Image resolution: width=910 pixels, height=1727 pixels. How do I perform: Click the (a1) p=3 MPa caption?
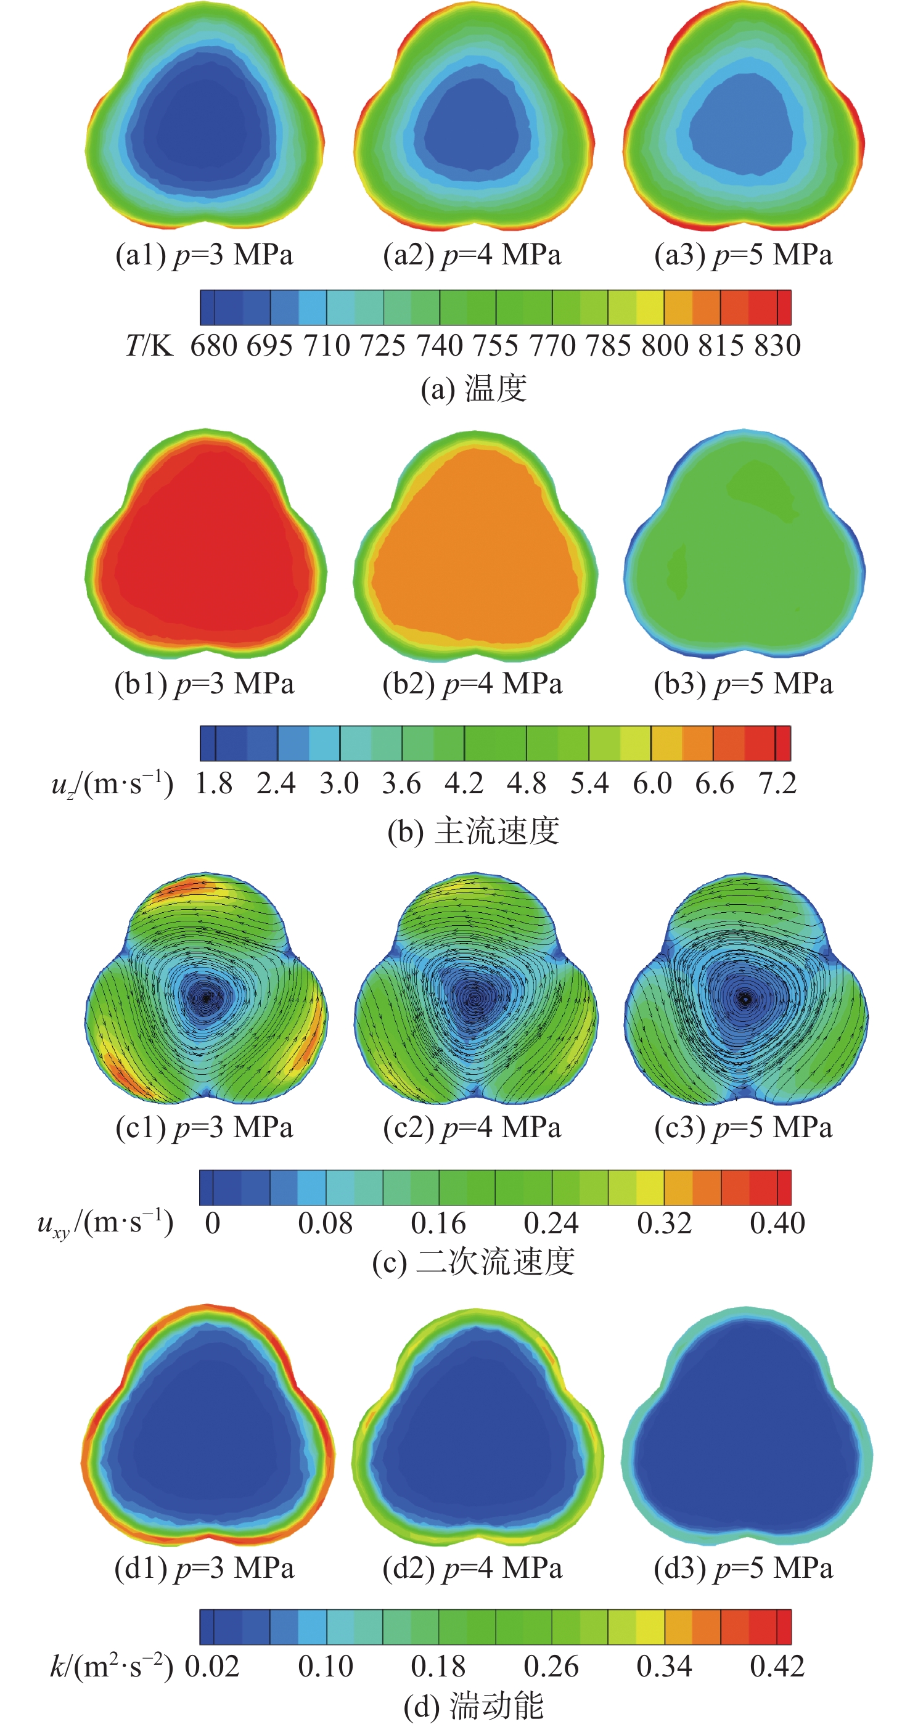[205, 255]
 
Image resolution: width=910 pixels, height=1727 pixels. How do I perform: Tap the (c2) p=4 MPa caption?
[472, 1128]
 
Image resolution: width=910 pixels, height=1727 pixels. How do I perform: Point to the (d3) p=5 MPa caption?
[743, 1568]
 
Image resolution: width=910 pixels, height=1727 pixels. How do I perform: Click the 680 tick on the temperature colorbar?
[213, 346]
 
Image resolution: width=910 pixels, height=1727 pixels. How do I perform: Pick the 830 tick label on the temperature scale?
[777, 346]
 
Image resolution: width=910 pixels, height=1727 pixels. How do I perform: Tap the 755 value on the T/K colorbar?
[496, 346]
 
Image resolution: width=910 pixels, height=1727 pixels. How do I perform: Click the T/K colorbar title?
[149, 346]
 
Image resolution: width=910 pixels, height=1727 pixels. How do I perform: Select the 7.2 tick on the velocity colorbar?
[777, 783]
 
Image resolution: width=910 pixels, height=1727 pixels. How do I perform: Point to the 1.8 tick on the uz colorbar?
[214, 783]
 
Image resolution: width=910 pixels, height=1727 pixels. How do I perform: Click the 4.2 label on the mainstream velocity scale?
[464, 783]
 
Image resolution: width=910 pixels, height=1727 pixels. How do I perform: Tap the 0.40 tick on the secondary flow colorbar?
[777, 1223]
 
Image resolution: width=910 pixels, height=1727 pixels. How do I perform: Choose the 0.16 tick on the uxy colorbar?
[438, 1223]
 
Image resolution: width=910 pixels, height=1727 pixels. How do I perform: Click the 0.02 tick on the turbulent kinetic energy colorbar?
[212, 1667]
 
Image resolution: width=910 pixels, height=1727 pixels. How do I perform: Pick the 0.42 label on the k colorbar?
[777, 1667]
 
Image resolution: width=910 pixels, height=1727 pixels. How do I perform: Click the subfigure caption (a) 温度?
[473, 389]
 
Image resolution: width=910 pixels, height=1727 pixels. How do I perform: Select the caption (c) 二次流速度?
[473, 1262]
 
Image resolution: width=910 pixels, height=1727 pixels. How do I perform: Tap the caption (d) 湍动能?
[473, 1706]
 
